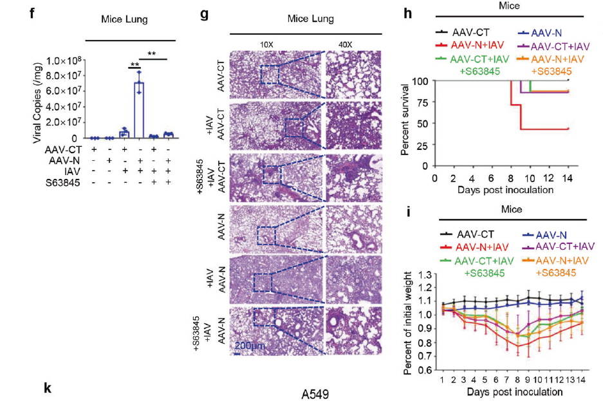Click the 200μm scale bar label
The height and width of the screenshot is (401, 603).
249,346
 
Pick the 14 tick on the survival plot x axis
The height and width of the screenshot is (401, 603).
568,176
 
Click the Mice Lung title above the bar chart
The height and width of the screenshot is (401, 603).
124,19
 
